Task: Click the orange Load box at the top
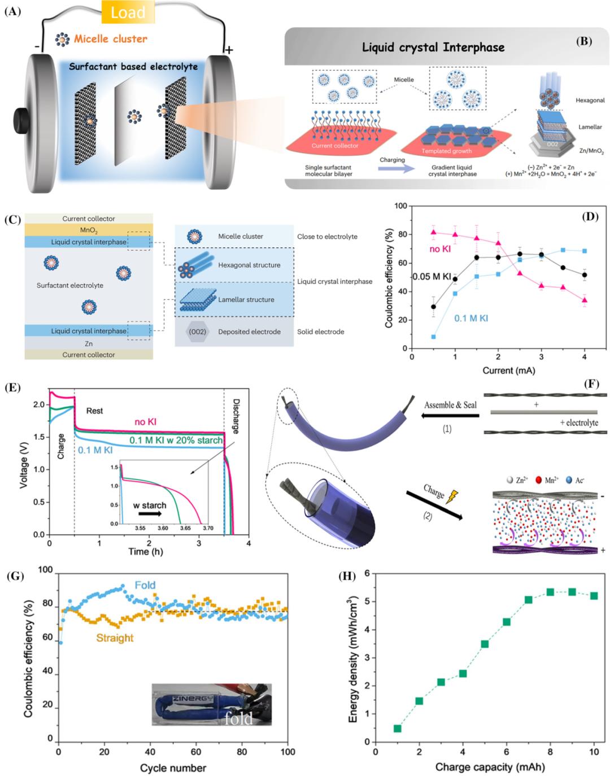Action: (x=128, y=12)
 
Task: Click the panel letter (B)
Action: (x=583, y=41)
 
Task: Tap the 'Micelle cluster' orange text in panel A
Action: (x=110, y=39)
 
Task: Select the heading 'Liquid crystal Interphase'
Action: (x=433, y=47)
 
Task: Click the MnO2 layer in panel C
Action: (x=89, y=230)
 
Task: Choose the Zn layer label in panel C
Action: (x=89, y=343)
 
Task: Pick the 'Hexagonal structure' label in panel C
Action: (x=249, y=265)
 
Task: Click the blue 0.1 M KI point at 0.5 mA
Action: (x=434, y=337)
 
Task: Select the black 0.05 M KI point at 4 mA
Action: (x=585, y=275)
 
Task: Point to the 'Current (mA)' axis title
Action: (x=508, y=370)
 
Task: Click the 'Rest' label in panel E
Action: (x=94, y=411)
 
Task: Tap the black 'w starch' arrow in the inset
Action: (x=150, y=515)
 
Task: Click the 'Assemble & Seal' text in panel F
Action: (x=450, y=405)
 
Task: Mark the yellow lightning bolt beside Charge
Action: (x=452, y=497)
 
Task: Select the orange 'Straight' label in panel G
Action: (x=115, y=638)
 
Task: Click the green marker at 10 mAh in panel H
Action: (x=594, y=596)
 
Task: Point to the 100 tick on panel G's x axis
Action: (x=287, y=752)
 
